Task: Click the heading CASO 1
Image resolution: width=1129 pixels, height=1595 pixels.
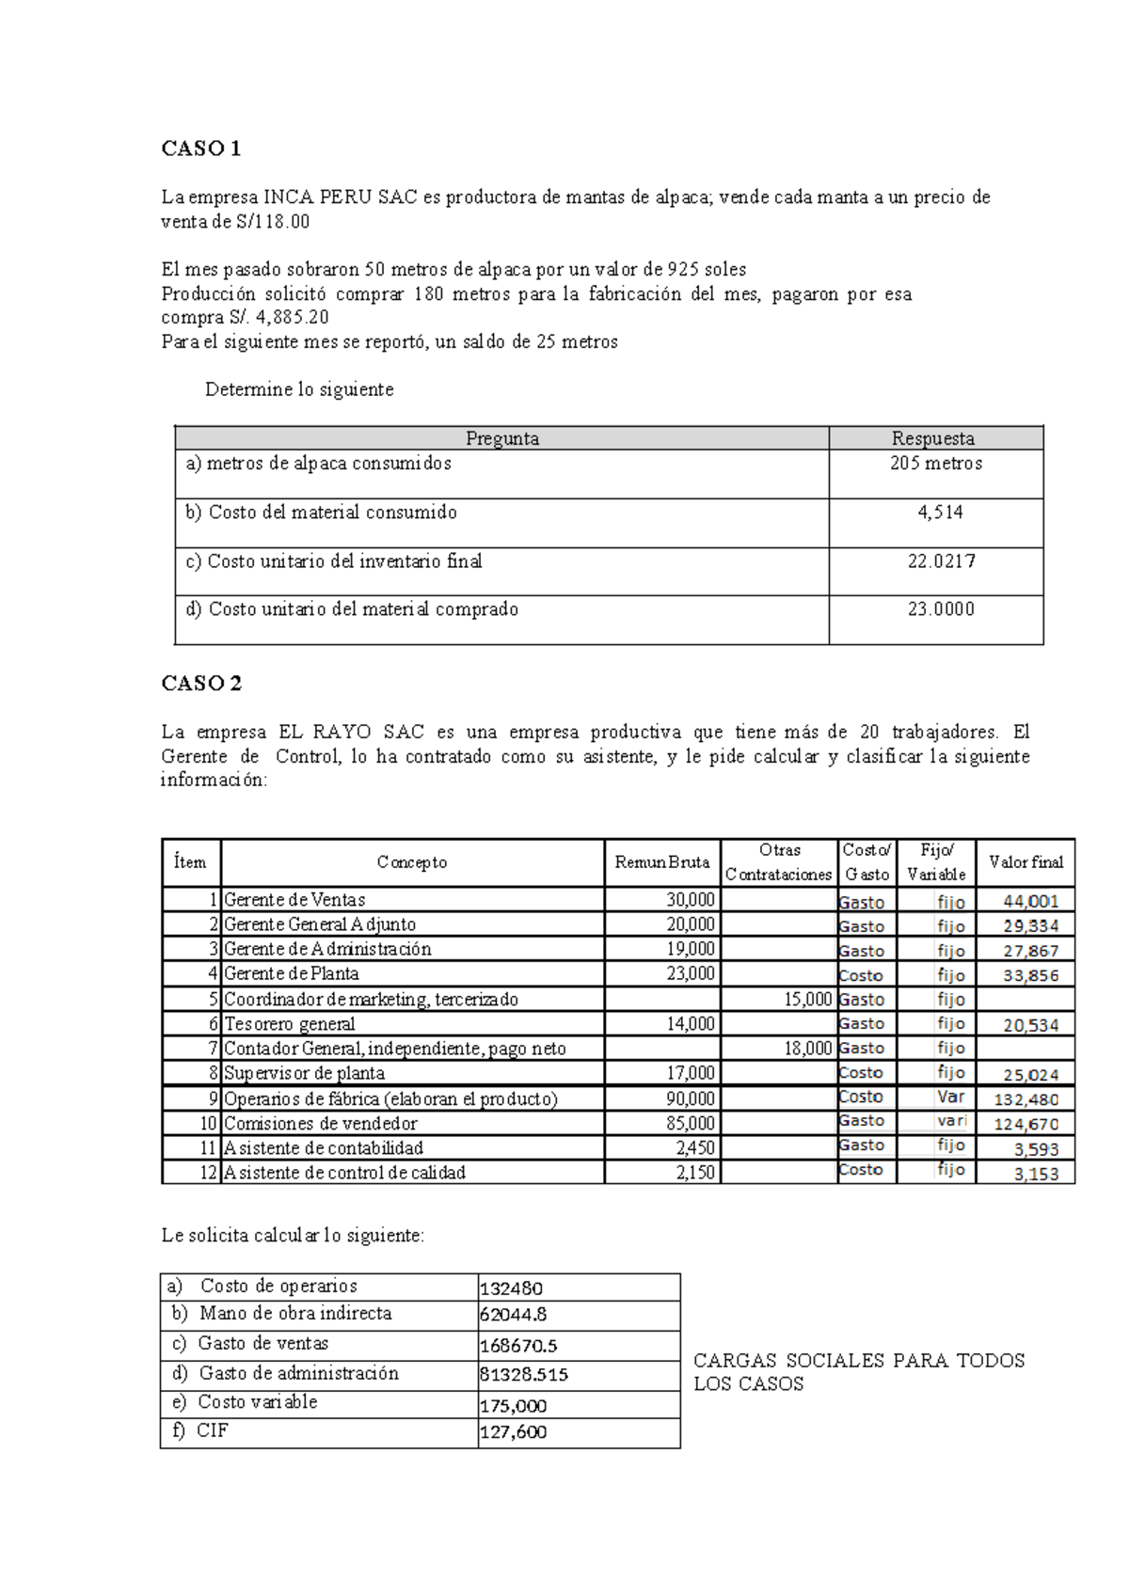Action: click(201, 149)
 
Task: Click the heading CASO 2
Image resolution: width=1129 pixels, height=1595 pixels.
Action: click(201, 684)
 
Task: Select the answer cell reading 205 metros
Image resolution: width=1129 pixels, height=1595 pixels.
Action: click(935, 464)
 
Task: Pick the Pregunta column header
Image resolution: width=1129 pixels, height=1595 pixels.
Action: click(501, 438)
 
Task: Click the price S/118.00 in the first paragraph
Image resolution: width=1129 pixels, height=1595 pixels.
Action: click(273, 222)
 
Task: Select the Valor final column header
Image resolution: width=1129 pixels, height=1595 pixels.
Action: click(1025, 862)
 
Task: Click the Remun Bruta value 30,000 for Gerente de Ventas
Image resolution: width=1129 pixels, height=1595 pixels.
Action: click(691, 900)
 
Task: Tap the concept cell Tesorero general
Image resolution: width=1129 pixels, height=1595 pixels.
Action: click(290, 1024)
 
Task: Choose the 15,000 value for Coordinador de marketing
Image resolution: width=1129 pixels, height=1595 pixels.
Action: click(807, 1000)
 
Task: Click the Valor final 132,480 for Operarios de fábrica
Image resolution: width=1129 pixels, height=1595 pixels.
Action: click(1026, 1099)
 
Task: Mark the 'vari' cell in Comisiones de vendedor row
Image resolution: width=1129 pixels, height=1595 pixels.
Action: click(951, 1121)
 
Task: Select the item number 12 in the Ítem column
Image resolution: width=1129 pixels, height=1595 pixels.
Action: click(208, 1173)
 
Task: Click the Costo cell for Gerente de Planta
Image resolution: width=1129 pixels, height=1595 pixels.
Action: click(861, 975)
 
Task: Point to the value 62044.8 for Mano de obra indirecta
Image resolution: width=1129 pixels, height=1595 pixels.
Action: click(514, 1316)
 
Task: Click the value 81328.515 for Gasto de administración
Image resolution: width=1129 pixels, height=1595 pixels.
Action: click(524, 1375)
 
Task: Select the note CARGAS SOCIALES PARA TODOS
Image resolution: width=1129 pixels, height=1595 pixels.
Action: click(858, 1361)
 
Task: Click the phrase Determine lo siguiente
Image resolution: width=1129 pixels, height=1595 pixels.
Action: click(299, 390)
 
